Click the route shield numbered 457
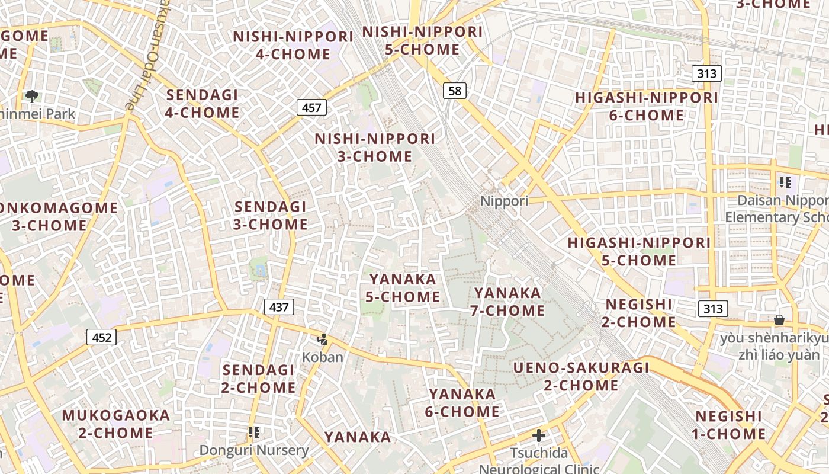[311, 107]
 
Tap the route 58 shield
[454, 91]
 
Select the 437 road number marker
[278, 307]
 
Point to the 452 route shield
[102, 337]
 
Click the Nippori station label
[504, 201]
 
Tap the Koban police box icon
[323, 340]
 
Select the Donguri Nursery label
[254, 450]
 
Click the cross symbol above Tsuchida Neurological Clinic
[539, 436]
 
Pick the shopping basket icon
[779, 320]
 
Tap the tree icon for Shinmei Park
[32, 96]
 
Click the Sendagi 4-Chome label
[203, 104]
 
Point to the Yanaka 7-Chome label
[507, 302]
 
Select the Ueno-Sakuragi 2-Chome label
[581, 377]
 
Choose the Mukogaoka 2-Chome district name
[116, 424]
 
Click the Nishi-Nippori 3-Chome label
[375, 148]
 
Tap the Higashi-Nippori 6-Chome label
[647, 106]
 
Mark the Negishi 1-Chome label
[729, 425]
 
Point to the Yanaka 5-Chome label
[403, 287]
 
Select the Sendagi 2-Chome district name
[259, 379]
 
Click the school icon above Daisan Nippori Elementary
[785, 182]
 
